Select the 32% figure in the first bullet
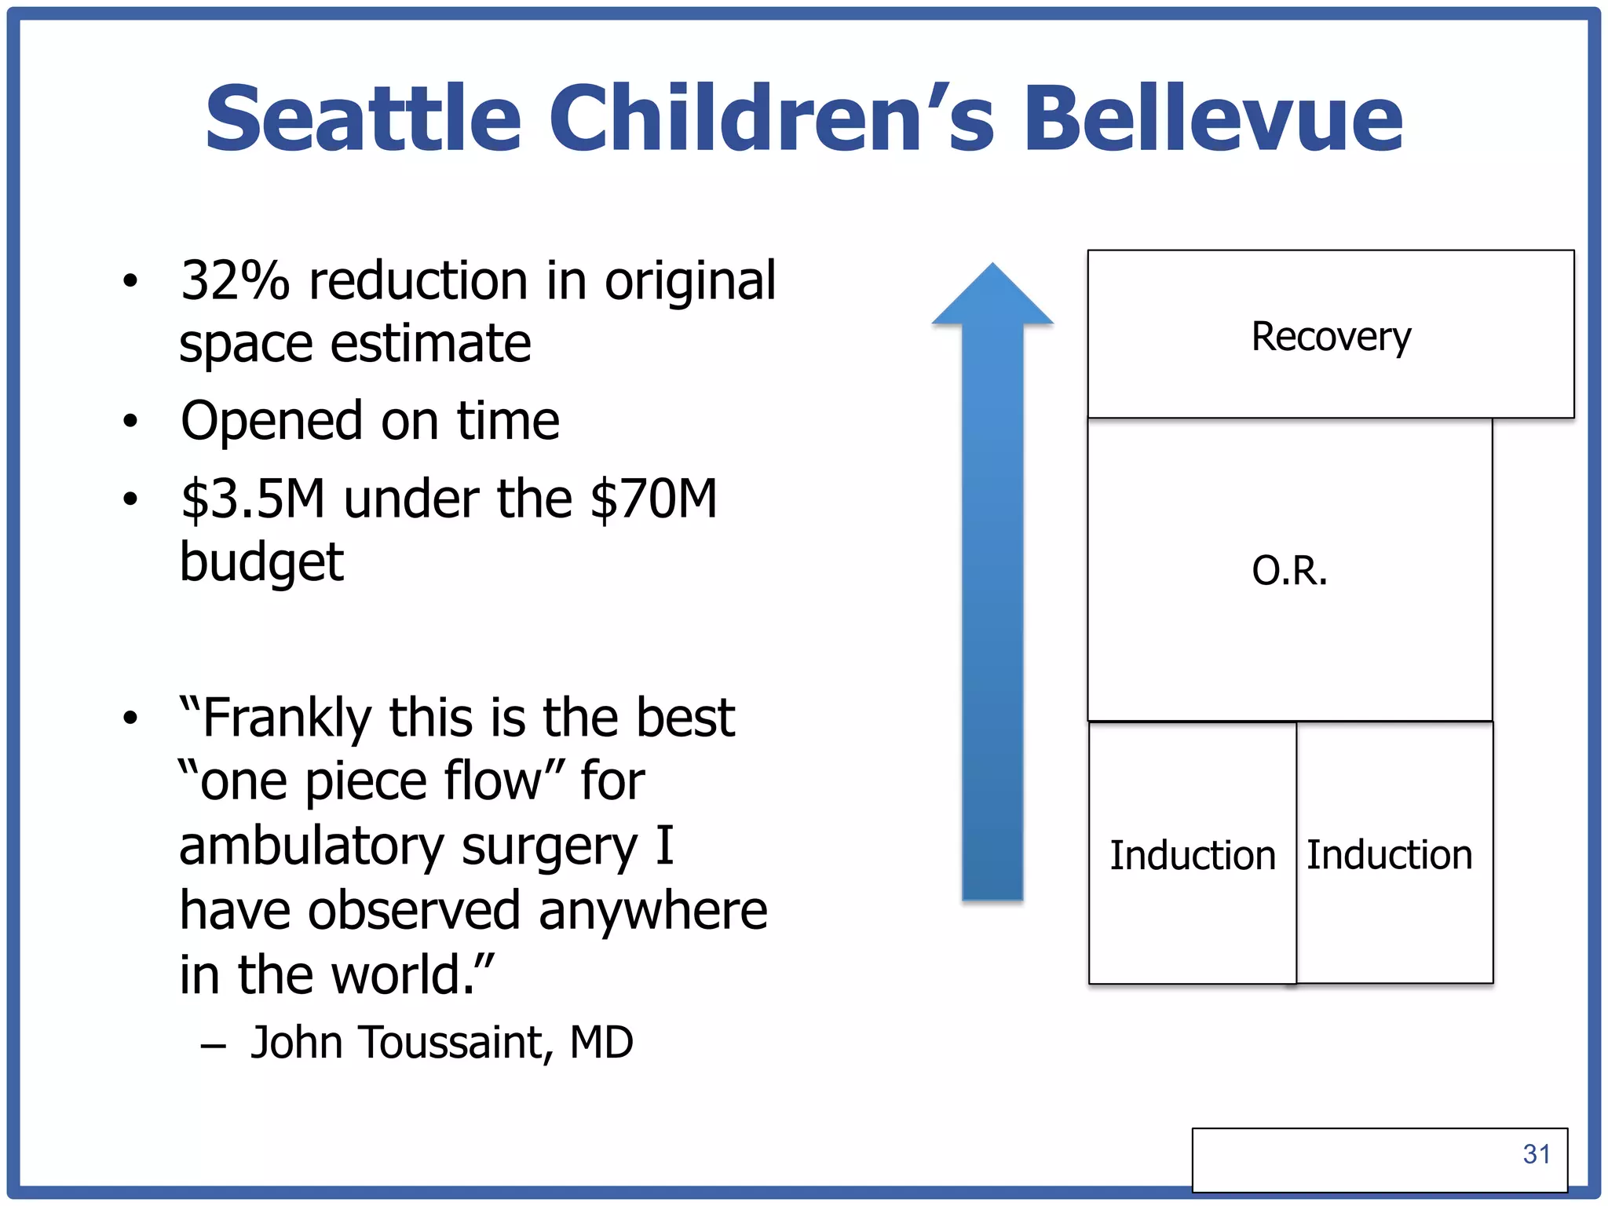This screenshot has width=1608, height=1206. (235, 280)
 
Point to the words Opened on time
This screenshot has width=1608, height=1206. (370, 421)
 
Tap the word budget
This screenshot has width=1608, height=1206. (261, 562)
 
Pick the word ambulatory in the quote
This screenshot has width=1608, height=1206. (312, 846)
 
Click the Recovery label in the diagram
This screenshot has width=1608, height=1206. (1330, 337)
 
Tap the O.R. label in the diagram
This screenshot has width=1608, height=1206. (1289, 571)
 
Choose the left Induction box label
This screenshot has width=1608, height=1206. (1192, 855)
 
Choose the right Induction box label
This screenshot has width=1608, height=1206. (1389, 854)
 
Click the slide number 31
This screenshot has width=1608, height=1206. (1536, 1154)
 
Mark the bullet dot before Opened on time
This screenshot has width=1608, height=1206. (130, 422)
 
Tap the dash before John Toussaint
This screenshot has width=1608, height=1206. (213, 1046)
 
